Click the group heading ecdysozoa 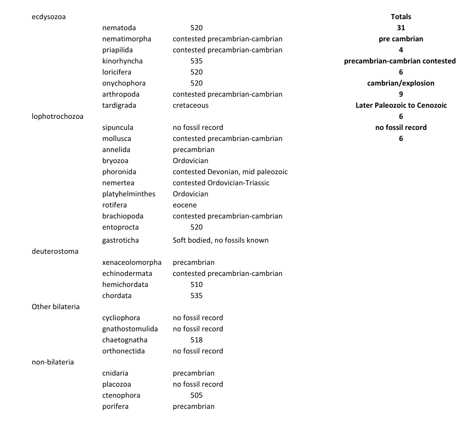pos(48,17)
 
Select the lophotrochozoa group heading pos(57,116)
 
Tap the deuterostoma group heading pos(55,251)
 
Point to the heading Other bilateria pos(55,307)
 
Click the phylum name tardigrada pos(119,105)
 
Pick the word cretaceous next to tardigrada pos(190,105)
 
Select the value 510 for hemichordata pos(196,284)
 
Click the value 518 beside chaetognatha pos(196,340)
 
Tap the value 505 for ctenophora pos(196,395)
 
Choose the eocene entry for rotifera pos(185,205)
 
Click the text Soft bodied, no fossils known pos(221,240)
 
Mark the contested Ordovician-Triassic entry pos(221,183)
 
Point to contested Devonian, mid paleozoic pos(230,172)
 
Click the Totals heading pos(401,17)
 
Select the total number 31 pos(401,28)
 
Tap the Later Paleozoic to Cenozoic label pos(401,105)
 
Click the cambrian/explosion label pos(401,83)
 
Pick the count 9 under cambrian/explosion pos(401,94)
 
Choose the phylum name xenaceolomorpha pos(132,262)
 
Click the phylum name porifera pos(115,406)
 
